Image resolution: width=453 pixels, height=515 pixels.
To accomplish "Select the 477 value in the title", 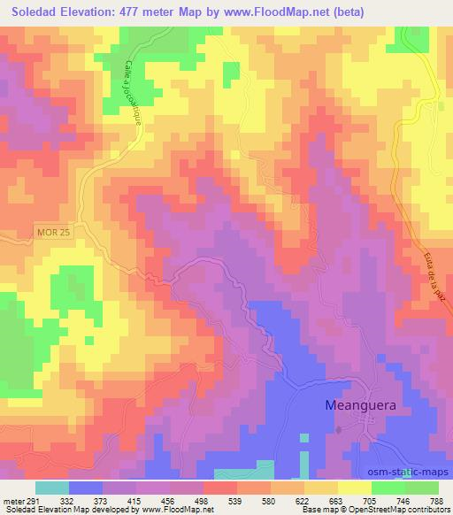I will [144, 12].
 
